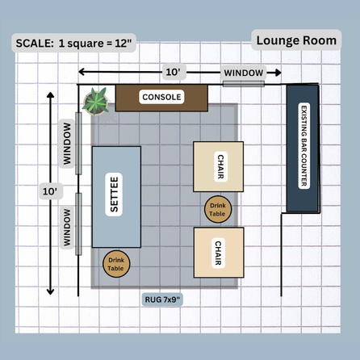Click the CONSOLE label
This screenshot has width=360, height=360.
click(x=161, y=97)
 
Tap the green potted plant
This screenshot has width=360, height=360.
click(x=96, y=102)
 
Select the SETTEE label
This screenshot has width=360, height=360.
click(x=114, y=195)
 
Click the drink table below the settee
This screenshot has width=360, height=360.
click(x=116, y=264)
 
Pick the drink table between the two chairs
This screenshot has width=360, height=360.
click(x=218, y=209)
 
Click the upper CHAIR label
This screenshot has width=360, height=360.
click(x=220, y=166)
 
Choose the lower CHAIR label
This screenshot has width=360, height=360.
click(x=218, y=253)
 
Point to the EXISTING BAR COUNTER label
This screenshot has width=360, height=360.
click(x=304, y=145)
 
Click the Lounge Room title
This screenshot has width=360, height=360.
click(x=296, y=40)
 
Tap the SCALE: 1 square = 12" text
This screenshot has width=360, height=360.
click(x=73, y=43)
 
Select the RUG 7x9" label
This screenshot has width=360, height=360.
click(x=162, y=299)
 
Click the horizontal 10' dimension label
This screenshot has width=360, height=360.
click(x=174, y=72)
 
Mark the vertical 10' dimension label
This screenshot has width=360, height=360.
click(x=50, y=191)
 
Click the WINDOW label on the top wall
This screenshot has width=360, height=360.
click(x=244, y=73)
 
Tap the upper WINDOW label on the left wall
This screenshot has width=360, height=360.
click(x=67, y=144)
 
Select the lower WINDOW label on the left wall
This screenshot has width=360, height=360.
click(x=67, y=228)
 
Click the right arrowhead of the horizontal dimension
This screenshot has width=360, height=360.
click(x=278, y=73)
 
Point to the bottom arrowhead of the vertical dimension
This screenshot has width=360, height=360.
click(x=50, y=291)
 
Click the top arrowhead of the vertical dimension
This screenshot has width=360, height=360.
click(x=50, y=95)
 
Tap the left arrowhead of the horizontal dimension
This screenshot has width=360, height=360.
click(x=82, y=72)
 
